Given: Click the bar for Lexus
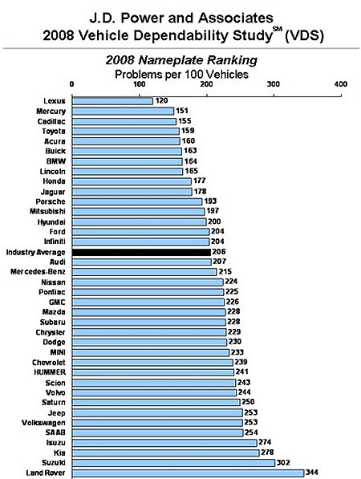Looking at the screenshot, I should tap(112, 100).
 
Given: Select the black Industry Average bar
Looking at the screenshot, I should tap(141, 251).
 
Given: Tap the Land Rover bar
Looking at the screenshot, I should tap(188, 473).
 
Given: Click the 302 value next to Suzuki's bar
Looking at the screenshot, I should tap(285, 463).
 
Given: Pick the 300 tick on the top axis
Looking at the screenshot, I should tap(274, 83).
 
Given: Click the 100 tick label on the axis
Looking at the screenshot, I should tap(140, 83).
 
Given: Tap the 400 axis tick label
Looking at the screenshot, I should tap(340, 83).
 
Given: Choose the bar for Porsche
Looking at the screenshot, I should tap(137, 201).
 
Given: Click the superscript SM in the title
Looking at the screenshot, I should tap(277, 30).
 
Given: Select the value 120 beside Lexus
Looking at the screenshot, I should tap(161, 100).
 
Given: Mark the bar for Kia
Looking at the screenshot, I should tap(165, 453).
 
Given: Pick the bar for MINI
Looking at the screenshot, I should tap(150, 352).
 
